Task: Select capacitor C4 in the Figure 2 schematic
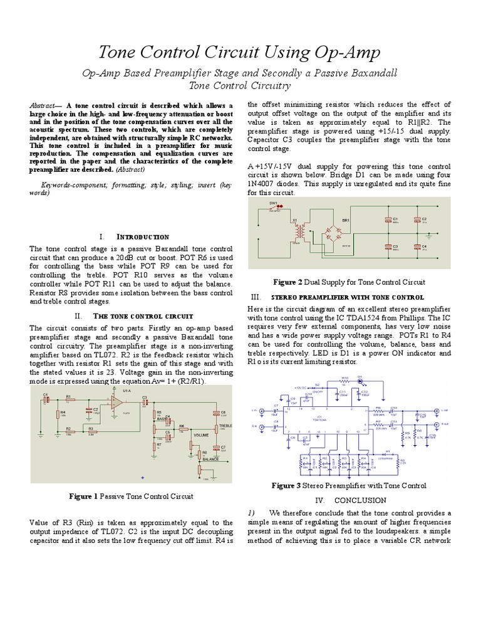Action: [x=416, y=247]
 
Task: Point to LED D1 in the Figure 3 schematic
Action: [x=360, y=381]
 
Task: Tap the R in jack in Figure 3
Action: [x=256, y=426]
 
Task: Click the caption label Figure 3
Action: [x=286, y=486]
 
